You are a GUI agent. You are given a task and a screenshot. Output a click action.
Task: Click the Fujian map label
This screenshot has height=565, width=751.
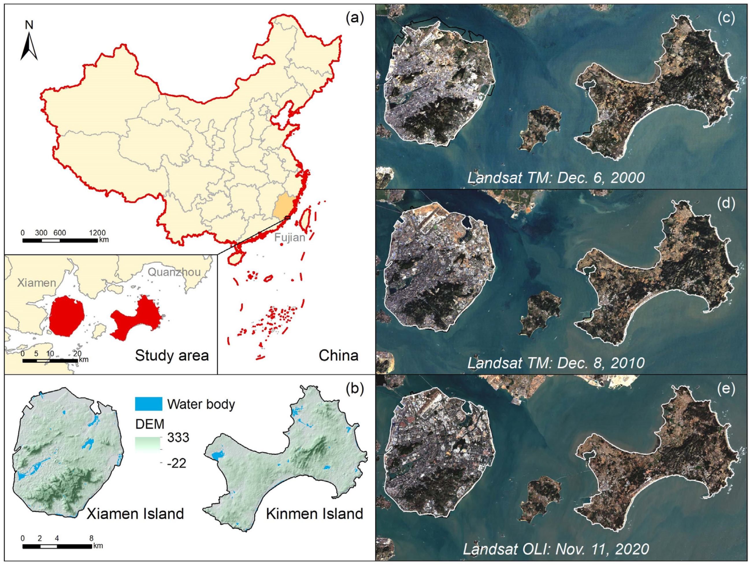pyautogui.click(x=290, y=237)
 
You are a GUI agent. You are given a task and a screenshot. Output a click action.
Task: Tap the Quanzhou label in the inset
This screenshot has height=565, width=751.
pyautogui.click(x=174, y=272)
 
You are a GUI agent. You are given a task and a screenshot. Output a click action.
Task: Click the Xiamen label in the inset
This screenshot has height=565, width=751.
pyautogui.click(x=36, y=283)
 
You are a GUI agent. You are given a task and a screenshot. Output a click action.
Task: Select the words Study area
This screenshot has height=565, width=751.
pyautogui.click(x=172, y=355)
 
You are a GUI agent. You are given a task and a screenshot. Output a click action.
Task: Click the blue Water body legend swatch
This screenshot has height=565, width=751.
pyautogui.click(x=148, y=404)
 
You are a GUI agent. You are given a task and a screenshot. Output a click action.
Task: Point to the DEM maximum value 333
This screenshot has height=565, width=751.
pyautogui.click(x=178, y=437)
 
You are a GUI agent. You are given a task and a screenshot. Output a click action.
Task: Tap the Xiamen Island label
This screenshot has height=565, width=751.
pyautogui.click(x=135, y=514)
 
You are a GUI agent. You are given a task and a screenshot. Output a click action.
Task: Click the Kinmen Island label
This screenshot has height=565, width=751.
pyautogui.click(x=314, y=514)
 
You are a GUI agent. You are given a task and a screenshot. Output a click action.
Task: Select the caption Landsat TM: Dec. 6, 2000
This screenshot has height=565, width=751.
pyautogui.click(x=556, y=178)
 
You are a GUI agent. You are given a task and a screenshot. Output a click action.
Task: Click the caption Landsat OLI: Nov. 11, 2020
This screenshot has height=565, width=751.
pyautogui.click(x=556, y=549)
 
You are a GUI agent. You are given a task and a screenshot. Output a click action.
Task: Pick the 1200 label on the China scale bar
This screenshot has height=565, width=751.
pyautogui.click(x=97, y=233)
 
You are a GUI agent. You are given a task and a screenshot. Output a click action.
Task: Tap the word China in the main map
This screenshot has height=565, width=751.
pyautogui.click(x=338, y=355)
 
